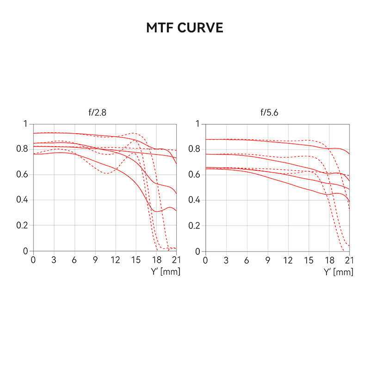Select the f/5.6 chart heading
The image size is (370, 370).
coord(269,113)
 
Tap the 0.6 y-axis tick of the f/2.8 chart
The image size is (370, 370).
coord(22,175)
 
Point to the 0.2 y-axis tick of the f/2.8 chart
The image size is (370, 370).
coord(22,226)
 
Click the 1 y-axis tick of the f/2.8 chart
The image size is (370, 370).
coord(25,124)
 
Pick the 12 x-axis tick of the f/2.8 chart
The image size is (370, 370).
coord(115,260)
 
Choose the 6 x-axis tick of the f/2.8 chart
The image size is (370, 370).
coord(74,260)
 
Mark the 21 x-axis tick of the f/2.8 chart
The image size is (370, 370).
coord(176,260)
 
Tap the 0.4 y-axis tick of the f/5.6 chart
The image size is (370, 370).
coord(195,200)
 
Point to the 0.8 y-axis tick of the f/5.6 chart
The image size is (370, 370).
coord(195,149)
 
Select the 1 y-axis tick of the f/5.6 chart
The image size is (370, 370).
coord(197,124)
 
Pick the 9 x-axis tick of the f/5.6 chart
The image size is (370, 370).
coord(268,260)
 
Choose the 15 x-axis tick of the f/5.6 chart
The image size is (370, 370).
coord(309,260)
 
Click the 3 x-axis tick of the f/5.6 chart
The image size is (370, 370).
coord(226,260)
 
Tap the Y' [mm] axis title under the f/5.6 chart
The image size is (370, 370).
coord(338,272)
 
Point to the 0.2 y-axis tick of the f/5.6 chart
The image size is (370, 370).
coord(195,226)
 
